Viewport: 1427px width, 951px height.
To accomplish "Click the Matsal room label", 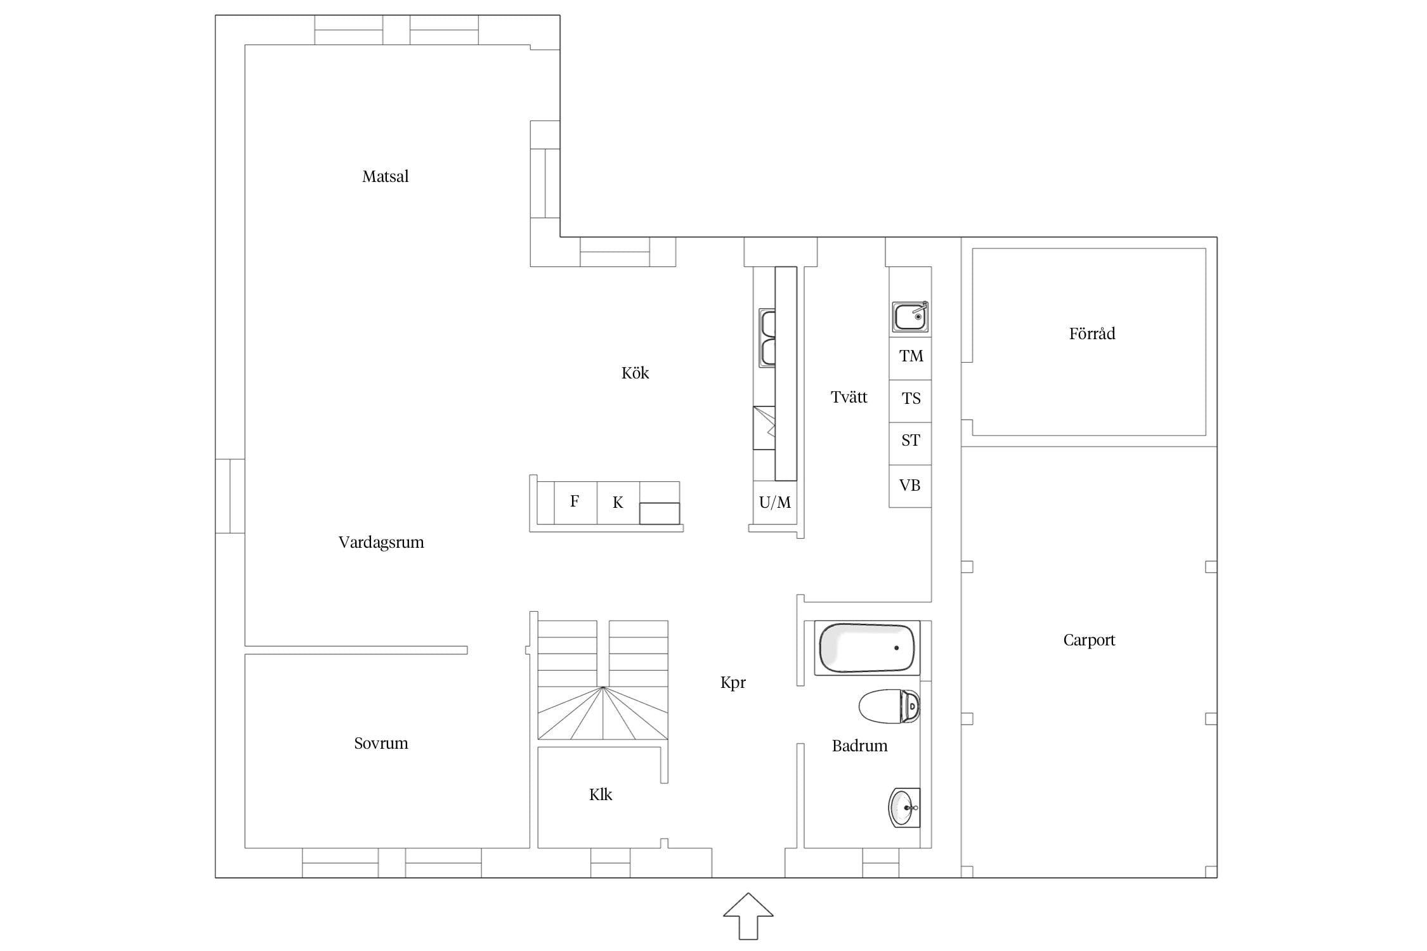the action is point(385,176).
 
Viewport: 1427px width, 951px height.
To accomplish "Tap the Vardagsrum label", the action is point(381,542).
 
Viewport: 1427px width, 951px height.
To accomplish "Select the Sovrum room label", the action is point(381,743).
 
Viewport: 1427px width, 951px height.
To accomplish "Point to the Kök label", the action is point(635,373).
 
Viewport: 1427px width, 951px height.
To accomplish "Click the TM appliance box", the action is point(910,358).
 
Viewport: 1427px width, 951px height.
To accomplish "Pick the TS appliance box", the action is point(910,401).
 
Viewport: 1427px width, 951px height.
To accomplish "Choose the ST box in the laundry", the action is point(910,444).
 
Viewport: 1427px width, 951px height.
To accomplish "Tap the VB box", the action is point(910,486).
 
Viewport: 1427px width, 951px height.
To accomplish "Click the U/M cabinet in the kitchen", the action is point(775,503).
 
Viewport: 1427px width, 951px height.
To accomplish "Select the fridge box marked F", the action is point(575,503).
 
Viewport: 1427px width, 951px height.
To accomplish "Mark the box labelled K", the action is point(618,503).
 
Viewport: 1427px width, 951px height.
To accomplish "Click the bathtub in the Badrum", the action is point(867,648).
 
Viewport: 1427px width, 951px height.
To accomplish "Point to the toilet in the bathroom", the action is point(889,706).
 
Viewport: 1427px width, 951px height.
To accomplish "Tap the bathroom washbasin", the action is point(904,808).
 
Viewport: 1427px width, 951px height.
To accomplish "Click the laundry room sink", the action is point(910,316).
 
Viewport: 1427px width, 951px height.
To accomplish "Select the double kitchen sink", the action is point(767,338).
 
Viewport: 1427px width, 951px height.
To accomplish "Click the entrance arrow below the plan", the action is point(748,916).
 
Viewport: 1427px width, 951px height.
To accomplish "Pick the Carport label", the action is point(1089,640).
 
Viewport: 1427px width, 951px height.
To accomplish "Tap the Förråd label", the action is point(1091,333).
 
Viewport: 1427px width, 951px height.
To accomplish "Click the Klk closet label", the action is point(601,794).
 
